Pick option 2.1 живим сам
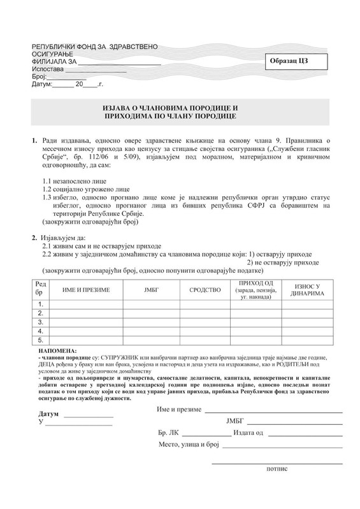coord(101,246)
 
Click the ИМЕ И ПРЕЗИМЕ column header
coord(86,289)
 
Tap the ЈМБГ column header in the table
coord(155,289)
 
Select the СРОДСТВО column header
coord(205,289)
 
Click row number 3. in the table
coord(40,322)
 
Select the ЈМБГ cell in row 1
coord(155,304)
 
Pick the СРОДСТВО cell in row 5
coord(205,340)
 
